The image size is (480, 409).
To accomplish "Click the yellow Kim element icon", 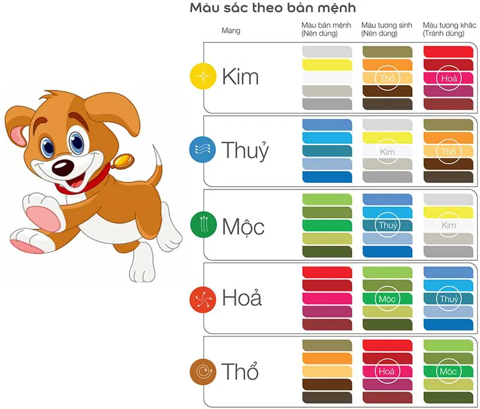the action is [203, 76].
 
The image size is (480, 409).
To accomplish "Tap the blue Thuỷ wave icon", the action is [203, 149].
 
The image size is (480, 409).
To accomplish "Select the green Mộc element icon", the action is [203, 225].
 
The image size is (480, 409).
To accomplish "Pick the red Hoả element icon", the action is [203, 299].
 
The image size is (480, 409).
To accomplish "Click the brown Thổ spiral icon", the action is [203, 372].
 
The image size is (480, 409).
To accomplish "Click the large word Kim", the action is [241, 76].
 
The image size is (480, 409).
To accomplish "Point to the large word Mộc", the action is [243, 226].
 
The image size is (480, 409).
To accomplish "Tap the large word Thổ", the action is [240, 371].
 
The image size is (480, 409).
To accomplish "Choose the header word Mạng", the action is [231, 31].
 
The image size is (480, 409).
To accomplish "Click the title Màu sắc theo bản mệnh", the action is [273, 8].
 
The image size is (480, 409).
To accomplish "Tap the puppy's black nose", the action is [63, 168].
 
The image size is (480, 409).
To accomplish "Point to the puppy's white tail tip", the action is [157, 156].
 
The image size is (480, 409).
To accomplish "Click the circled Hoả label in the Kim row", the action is [448, 79].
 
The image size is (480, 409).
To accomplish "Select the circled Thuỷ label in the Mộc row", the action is [388, 225].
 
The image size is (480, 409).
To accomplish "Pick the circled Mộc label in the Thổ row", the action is [448, 372].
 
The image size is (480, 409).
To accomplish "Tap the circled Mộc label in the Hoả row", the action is [388, 299].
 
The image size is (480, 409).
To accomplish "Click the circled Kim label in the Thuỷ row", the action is [387, 152].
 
